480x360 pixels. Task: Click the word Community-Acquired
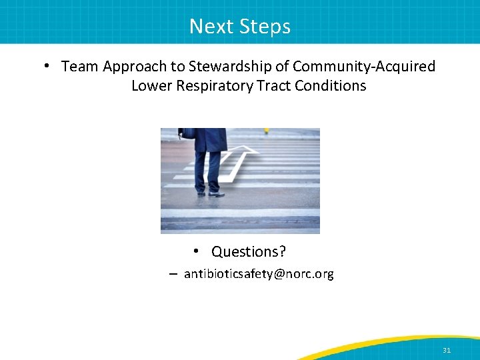coord(364,67)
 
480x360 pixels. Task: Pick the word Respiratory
coord(213,86)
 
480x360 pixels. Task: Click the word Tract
coord(273,86)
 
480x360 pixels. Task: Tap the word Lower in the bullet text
coord(151,86)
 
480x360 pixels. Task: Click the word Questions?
coord(249,251)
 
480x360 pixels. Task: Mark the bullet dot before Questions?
coord(197,251)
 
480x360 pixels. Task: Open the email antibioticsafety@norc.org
coord(259,274)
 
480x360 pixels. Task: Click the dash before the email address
coord(173,274)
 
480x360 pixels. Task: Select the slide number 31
coord(446,349)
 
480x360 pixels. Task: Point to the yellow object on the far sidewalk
coord(267,131)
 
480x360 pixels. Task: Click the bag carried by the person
coord(188,133)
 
